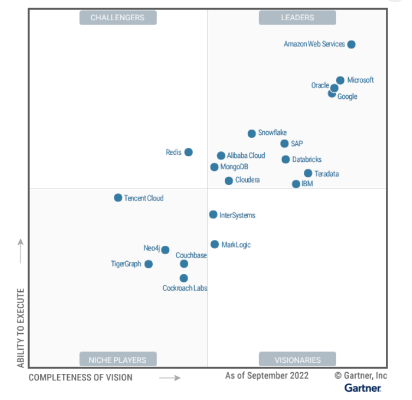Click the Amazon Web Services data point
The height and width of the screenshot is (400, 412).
point(351,44)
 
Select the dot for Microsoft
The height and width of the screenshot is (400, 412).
point(340,80)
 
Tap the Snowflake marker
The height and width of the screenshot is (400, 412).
point(252,133)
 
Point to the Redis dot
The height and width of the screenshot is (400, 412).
point(188,152)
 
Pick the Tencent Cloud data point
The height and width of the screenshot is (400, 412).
point(118,197)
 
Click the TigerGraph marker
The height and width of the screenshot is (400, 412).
point(148,264)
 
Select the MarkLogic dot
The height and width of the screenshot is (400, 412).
point(215,244)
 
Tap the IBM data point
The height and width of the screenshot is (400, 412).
point(296,184)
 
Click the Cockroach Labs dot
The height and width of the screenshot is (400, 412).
point(184,278)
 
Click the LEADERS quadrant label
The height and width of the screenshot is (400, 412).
point(297,17)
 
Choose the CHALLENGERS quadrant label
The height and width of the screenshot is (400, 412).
point(118,17)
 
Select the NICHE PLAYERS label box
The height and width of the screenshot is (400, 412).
point(118,360)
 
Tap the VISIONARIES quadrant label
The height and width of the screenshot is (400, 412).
point(297,360)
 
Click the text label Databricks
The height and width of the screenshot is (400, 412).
point(307,160)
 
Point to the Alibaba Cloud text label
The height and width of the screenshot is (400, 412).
point(246,156)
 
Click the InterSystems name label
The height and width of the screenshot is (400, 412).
point(237,215)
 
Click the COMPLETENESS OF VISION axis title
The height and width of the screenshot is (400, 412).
point(80,377)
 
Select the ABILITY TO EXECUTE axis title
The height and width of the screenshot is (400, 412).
point(21,328)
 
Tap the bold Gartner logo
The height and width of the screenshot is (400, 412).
point(363,388)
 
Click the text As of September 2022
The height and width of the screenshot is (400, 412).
point(267,375)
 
